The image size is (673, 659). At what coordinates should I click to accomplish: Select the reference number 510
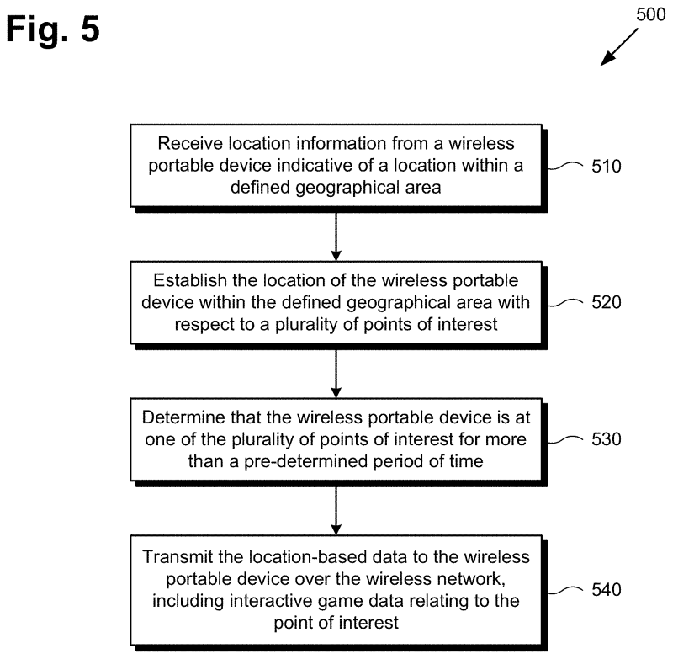tap(605, 166)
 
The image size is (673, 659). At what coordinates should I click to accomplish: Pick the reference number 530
tap(605, 438)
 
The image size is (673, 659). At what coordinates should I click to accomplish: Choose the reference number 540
tap(605, 589)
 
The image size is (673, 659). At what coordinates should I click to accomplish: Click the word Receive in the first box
tap(187, 145)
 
